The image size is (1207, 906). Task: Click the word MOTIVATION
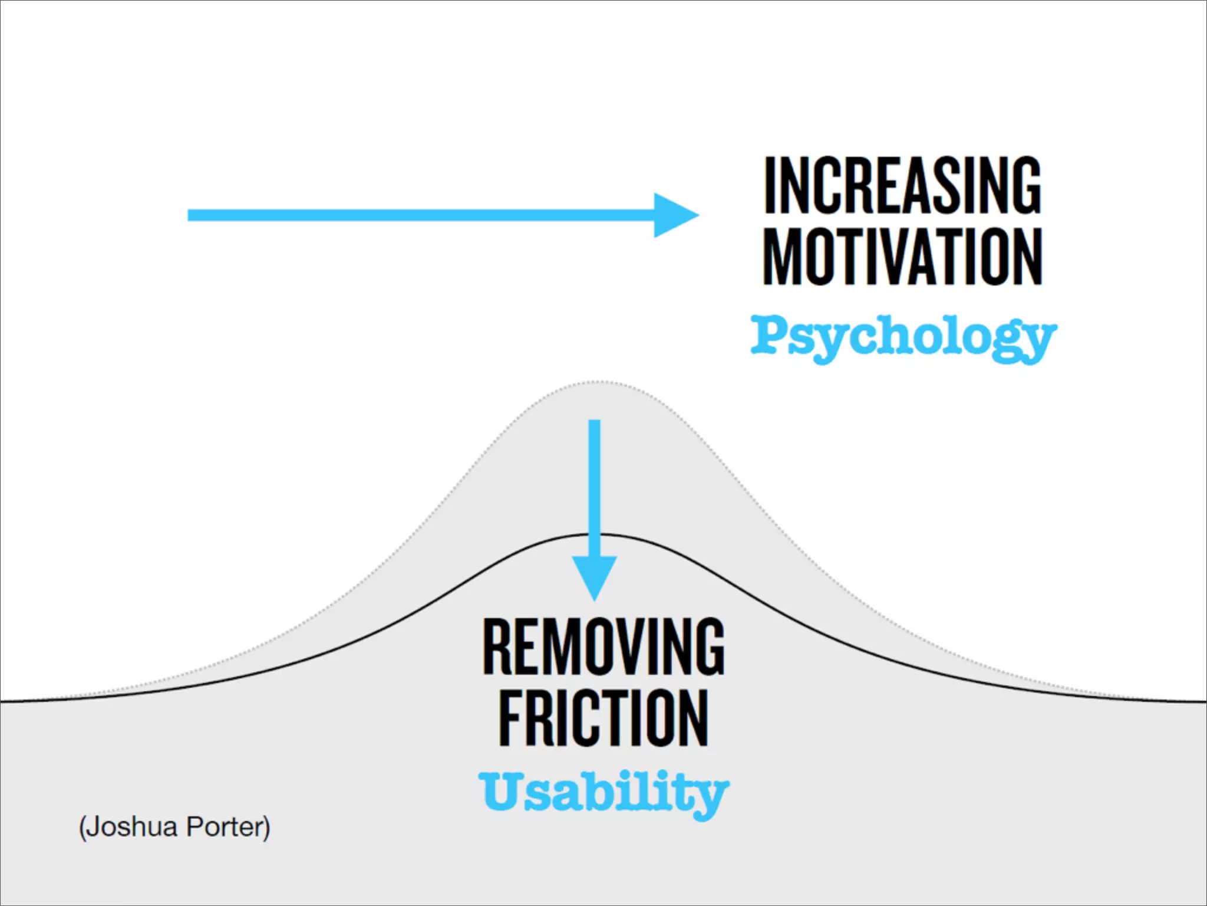(902, 257)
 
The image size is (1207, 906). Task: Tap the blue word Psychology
(902, 336)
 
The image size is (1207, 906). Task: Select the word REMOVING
(603, 646)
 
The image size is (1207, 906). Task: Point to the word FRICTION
(603, 718)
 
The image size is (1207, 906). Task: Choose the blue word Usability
(603, 792)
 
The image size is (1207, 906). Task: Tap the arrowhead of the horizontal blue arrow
(675, 215)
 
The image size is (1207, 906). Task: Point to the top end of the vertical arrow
(595, 422)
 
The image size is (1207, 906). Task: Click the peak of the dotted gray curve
(596, 382)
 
